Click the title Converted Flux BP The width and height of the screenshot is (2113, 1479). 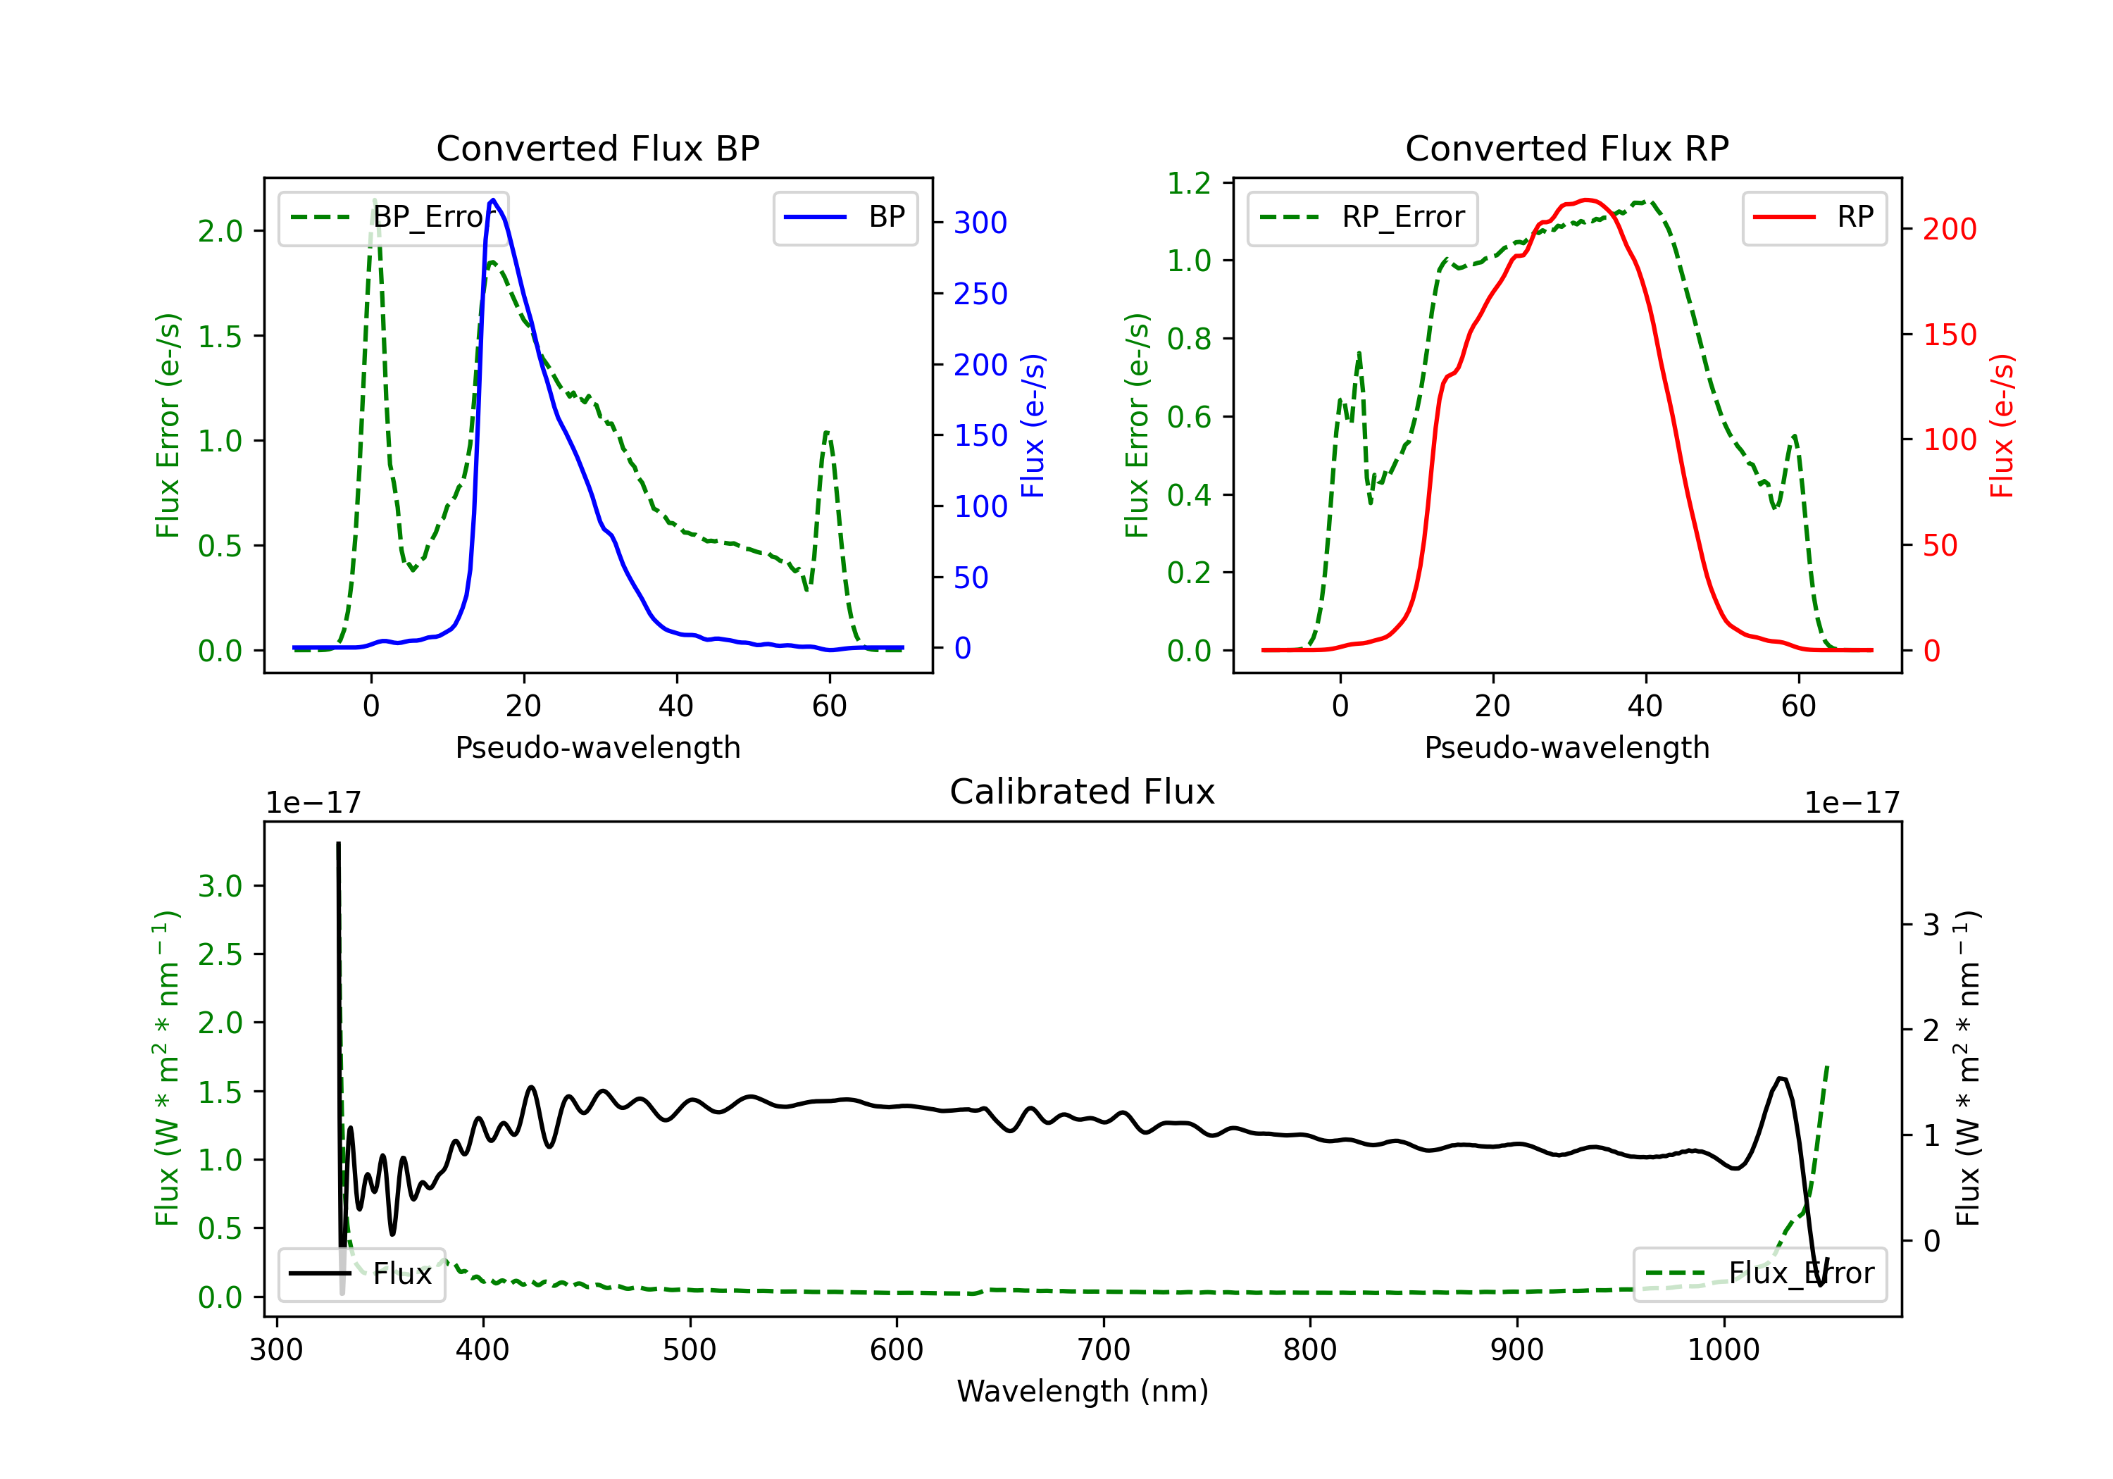tap(597, 148)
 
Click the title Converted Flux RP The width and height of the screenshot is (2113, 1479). tap(1566, 148)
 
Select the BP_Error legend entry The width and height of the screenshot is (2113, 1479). tap(393, 217)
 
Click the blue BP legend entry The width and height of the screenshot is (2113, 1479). tap(844, 217)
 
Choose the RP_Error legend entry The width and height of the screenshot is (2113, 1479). tap(1362, 217)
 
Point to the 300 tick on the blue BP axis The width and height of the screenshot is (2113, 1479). tap(980, 223)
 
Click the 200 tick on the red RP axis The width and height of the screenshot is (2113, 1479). tap(1949, 229)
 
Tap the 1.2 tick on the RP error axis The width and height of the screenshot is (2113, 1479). tap(1189, 183)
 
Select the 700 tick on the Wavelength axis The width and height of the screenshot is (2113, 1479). tap(1104, 1349)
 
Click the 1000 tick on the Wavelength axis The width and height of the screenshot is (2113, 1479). tap(1723, 1349)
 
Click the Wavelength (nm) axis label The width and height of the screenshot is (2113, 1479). tap(1083, 1391)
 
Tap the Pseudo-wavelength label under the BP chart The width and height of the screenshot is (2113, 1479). tap(597, 747)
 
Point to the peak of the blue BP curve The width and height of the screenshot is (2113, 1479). tap(493, 200)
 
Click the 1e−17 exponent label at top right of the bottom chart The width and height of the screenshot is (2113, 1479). tap(1852, 803)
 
